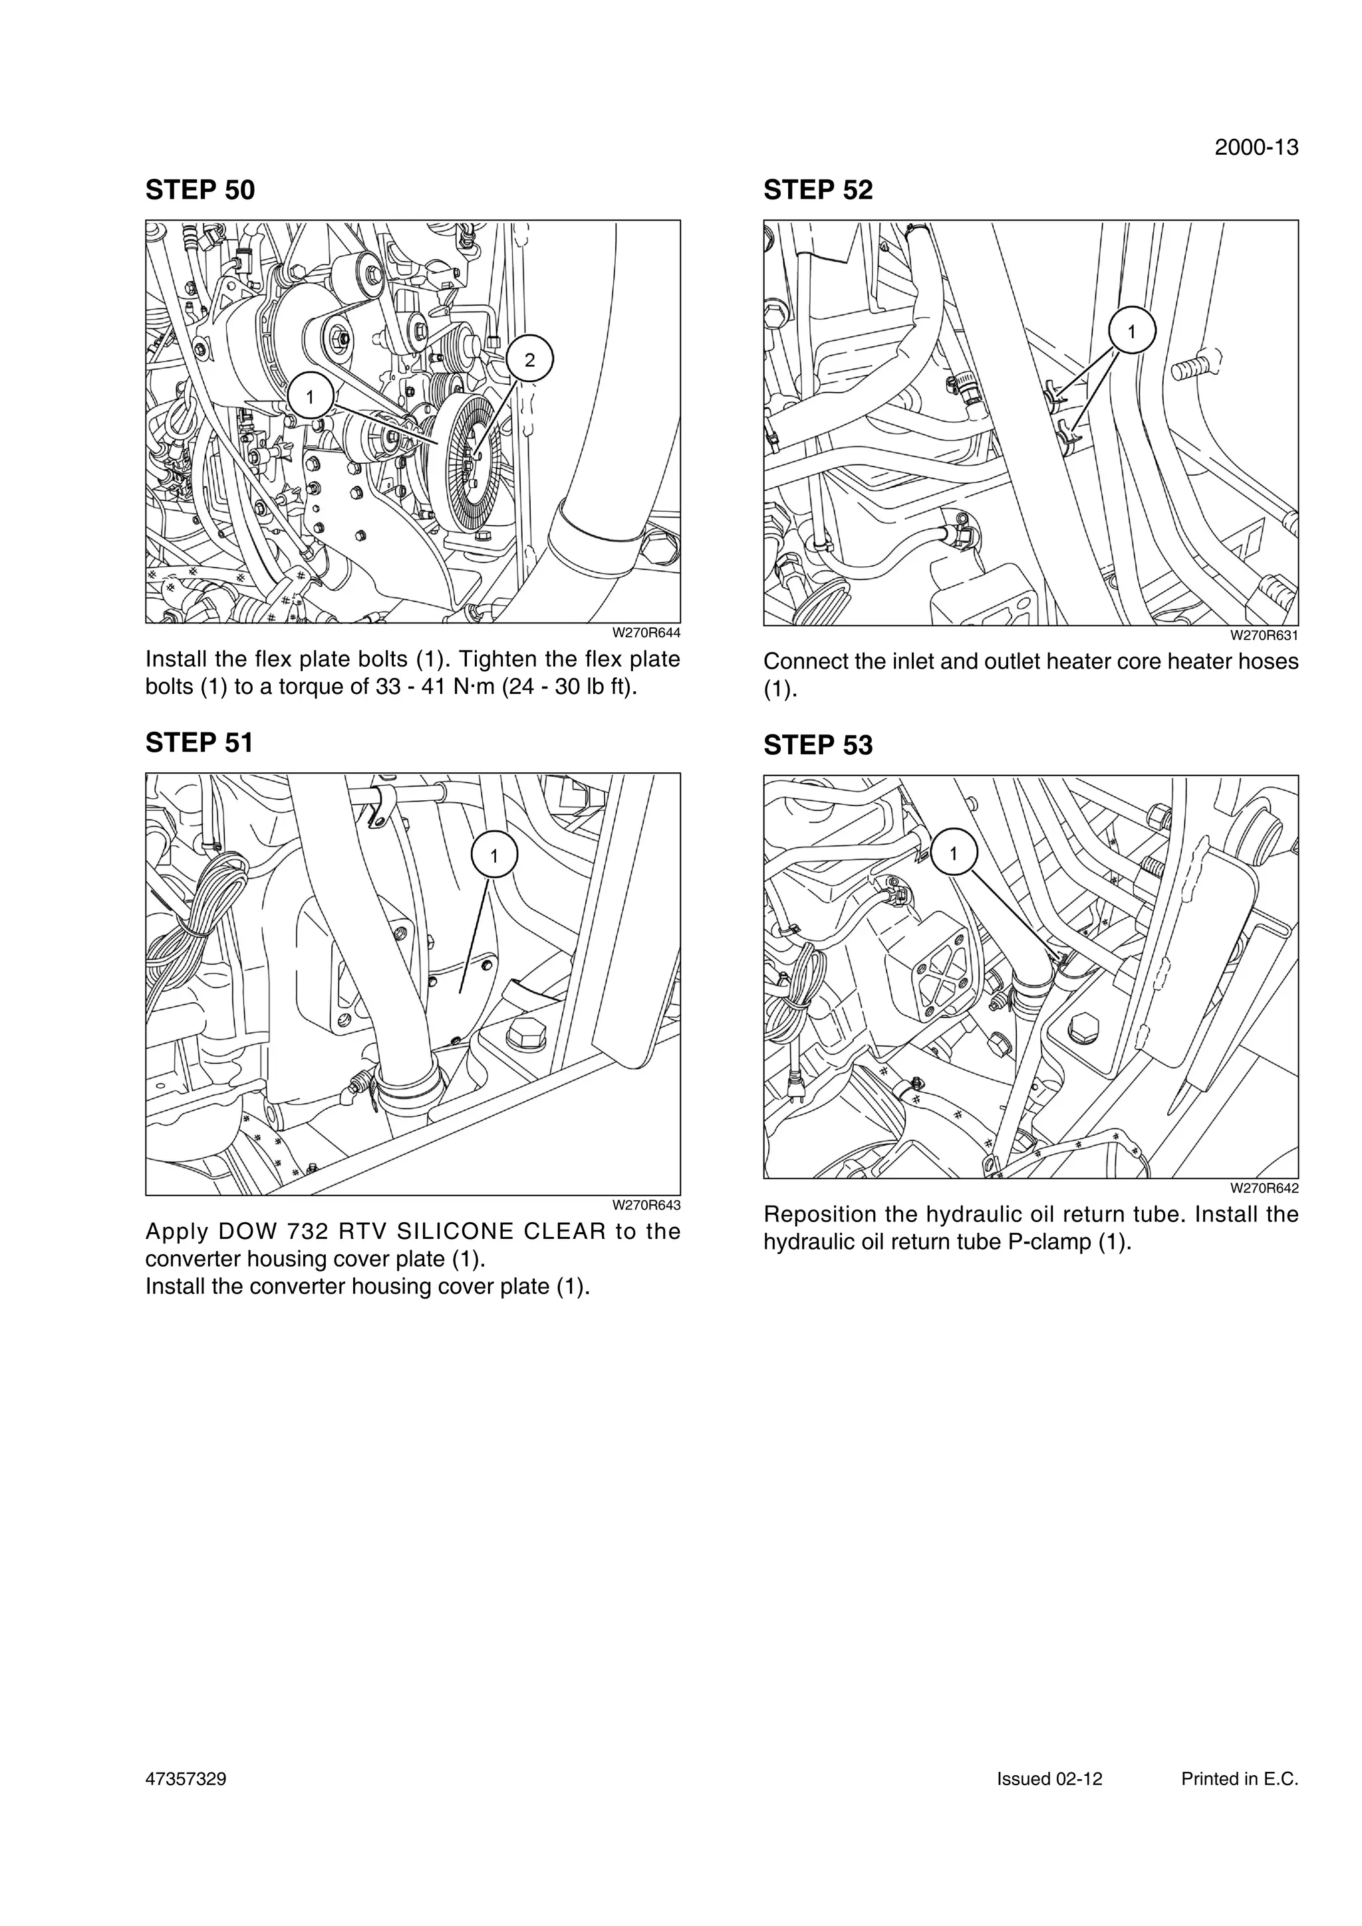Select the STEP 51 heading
point(199,742)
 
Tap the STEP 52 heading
point(817,191)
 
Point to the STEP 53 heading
point(817,745)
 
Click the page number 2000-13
point(1256,148)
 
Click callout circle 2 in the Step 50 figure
point(529,360)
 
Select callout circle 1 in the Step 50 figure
point(310,396)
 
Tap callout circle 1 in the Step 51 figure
point(493,855)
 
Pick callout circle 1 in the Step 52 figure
point(1131,332)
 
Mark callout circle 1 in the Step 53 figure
point(953,853)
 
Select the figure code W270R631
point(1264,636)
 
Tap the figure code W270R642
point(1264,1189)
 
